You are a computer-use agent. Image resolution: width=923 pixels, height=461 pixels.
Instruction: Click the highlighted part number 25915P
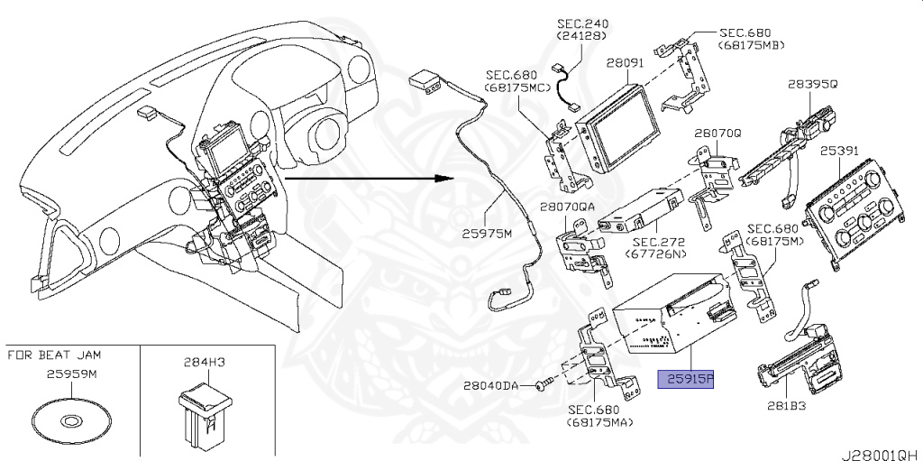687,380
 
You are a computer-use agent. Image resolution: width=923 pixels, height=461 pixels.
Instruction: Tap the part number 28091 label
624,64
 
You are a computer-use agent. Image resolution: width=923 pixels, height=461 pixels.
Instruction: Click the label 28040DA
491,385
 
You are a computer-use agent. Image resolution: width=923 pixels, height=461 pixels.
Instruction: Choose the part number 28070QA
568,207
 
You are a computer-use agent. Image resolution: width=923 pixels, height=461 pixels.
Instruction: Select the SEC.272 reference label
657,243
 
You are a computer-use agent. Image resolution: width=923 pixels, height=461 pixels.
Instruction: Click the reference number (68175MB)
750,45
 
